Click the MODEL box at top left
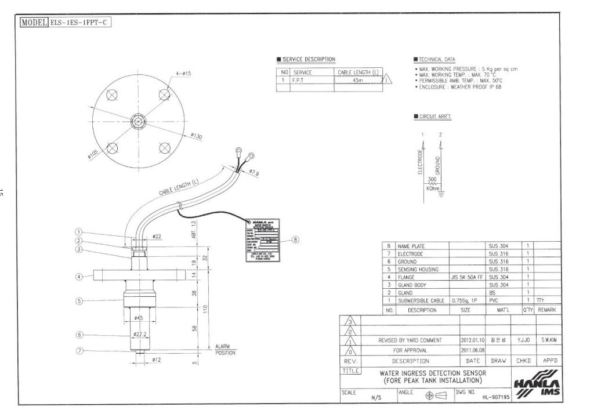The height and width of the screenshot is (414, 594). point(65,23)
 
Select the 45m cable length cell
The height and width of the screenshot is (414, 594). point(357,81)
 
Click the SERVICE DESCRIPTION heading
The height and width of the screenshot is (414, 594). point(308,60)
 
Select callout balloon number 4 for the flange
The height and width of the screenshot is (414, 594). point(80,277)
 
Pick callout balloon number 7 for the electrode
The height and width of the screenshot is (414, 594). point(80,351)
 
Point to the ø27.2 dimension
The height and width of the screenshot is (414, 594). point(140,335)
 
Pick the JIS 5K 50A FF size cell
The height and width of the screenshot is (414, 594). point(467,278)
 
